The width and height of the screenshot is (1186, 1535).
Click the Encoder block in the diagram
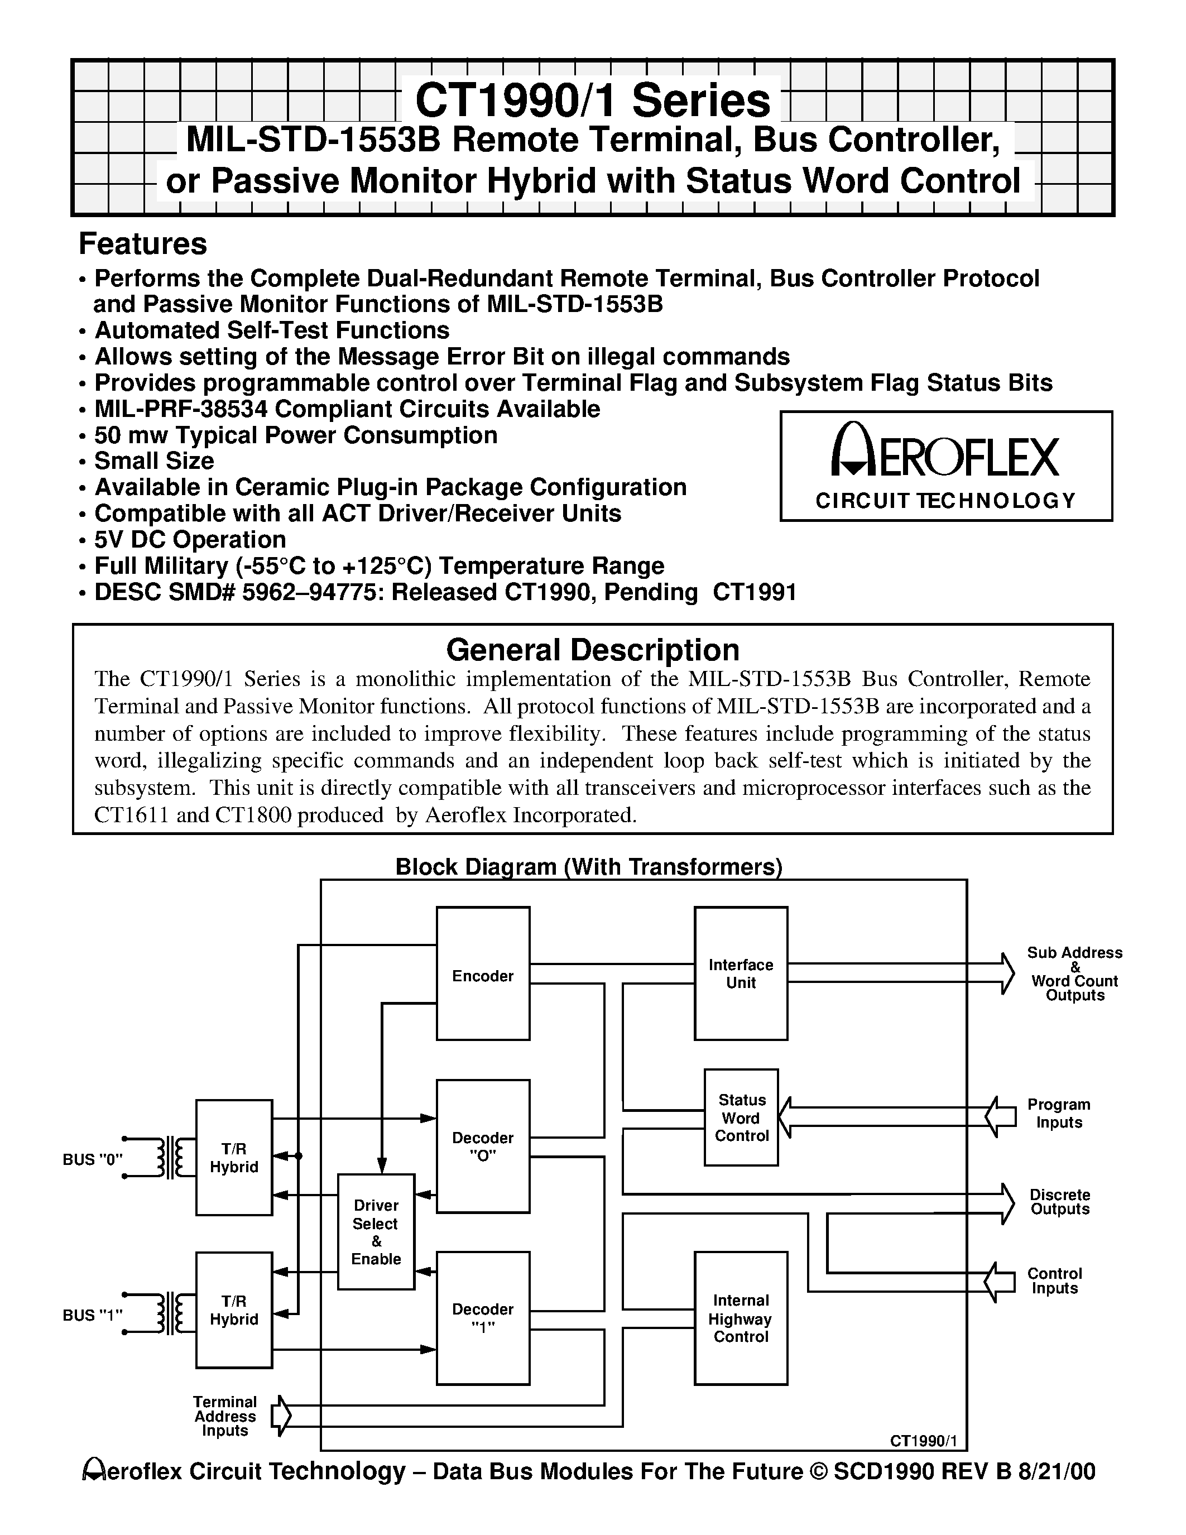(483, 973)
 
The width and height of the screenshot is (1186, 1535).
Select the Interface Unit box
(741, 973)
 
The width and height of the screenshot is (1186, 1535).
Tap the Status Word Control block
(741, 1117)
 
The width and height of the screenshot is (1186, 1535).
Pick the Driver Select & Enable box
(376, 1232)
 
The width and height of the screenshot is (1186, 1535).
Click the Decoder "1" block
(483, 1318)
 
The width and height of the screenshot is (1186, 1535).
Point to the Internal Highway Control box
(741, 1318)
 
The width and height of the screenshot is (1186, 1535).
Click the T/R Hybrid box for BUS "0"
(234, 1158)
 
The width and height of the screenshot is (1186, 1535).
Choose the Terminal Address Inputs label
(225, 1416)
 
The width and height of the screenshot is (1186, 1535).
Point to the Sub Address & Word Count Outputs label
(1074, 973)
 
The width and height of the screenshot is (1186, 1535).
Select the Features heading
(143, 244)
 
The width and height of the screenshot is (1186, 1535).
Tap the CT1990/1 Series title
(592, 100)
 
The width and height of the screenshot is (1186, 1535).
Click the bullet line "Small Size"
(154, 461)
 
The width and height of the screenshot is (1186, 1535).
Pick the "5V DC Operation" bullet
(190, 540)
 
